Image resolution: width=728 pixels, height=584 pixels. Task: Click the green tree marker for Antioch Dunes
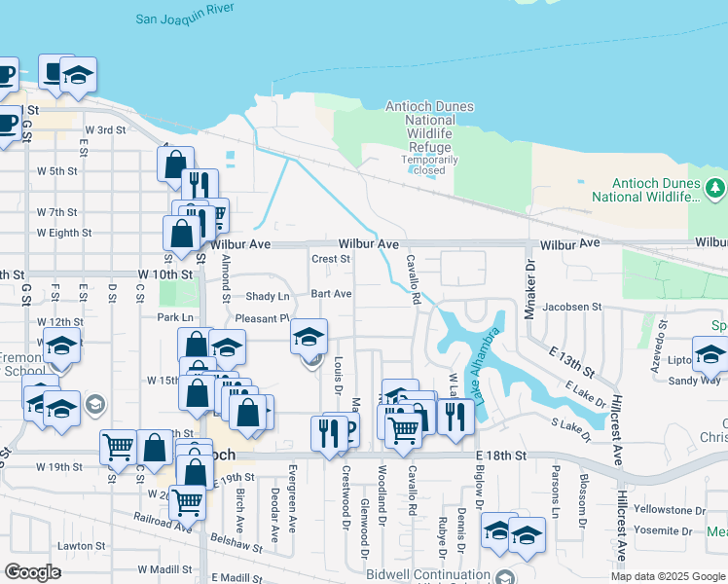pos(716,185)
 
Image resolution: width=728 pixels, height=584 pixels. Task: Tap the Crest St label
pos(330,259)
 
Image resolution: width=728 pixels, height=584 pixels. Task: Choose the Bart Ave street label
pos(331,293)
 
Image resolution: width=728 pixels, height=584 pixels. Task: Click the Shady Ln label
pos(268,296)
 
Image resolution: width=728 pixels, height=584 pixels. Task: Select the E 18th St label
pos(501,455)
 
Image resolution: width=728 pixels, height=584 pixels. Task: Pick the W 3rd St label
pos(106,129)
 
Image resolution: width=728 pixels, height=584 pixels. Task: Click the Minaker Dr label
pos(531,281)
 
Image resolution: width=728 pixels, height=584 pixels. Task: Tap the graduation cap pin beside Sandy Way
pos(710,353)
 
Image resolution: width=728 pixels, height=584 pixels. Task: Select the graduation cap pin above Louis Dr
pos(309,337)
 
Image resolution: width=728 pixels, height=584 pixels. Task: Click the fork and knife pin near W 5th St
pos(200,184)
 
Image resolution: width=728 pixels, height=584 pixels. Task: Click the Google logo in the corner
pos(33,572)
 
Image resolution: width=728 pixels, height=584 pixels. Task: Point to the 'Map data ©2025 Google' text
pos(667,576)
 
